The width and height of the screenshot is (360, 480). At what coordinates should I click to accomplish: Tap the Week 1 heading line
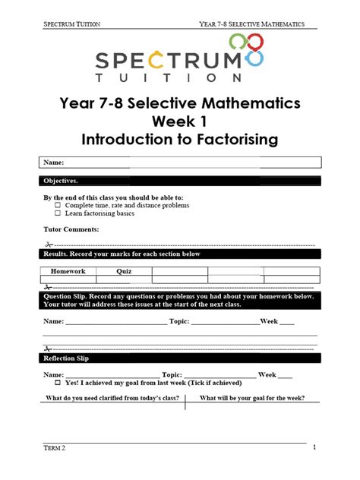click(180, 122)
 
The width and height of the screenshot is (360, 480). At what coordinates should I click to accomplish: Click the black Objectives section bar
click(180, 181)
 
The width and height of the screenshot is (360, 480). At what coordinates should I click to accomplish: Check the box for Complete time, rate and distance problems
click(58, 205)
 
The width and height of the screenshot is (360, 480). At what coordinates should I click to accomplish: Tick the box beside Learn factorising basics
click(58, 213)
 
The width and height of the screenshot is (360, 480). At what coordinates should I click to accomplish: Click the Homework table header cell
click(68, 271)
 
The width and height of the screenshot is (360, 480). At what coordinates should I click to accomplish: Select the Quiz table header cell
click(124, 271)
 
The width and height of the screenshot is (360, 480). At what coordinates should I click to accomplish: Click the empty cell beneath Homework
click(68, 279)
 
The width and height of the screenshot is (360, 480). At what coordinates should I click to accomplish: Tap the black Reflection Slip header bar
click(180, 358)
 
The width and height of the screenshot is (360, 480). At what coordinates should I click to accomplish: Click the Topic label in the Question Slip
click(178, 321)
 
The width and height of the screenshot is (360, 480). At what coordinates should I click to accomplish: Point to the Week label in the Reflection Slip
click(267, 374)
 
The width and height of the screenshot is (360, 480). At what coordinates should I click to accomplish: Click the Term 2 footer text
click(54, 448)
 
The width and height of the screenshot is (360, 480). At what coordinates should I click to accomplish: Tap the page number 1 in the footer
click(314, 447)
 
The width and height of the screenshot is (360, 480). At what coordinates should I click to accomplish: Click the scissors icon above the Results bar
click(48, 245)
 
